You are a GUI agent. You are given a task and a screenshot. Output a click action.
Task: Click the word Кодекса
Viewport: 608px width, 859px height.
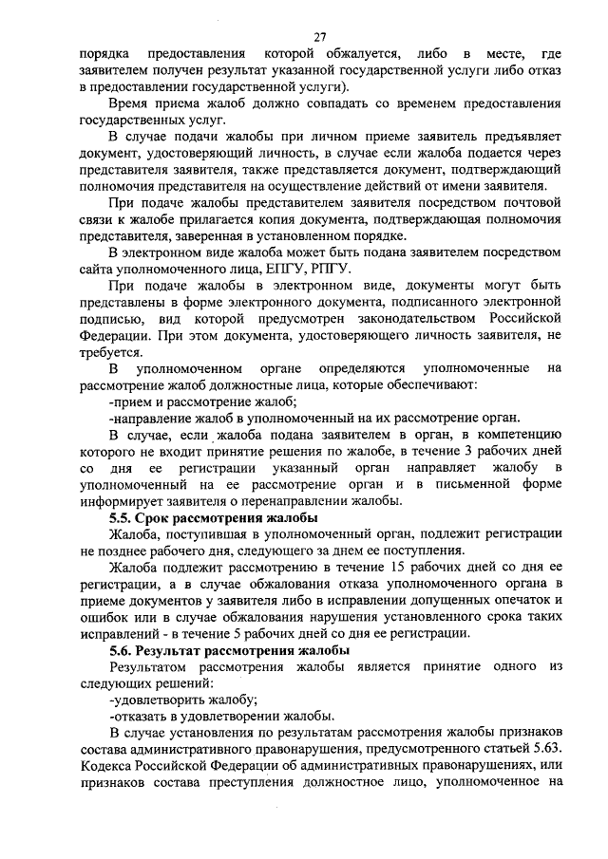click(108, 766)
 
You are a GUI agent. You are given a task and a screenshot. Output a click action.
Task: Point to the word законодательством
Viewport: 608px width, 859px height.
click(412, 318)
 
